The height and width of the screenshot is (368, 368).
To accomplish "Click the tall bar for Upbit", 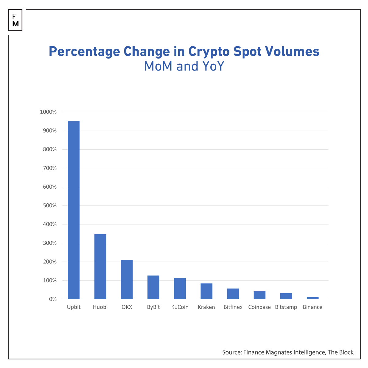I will tap(74, 210).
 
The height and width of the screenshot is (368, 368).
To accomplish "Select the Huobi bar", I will tap(100, 267).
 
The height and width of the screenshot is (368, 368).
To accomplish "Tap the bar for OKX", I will tap(127, 280).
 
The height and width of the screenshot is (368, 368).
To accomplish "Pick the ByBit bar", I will tap(153, 287).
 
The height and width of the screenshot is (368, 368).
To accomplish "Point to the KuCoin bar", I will tap(180, 289).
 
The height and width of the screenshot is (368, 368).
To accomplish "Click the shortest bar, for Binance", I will tap(312, 298).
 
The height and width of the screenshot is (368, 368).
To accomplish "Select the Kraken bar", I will tap(206, 291).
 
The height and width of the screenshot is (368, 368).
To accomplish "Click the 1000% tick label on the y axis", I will tap(48, 112).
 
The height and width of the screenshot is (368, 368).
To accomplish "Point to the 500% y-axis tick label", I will tap(50, 206).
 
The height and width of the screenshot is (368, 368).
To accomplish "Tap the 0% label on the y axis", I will tap(52, 299).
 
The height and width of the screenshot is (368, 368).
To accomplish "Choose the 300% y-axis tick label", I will tap(50, 243).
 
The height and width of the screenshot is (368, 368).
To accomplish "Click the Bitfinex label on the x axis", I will tap(233, 307).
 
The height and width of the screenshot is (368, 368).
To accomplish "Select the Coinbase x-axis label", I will tap(259, 307).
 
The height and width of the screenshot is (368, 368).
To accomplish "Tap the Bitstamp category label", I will tap(286, 307).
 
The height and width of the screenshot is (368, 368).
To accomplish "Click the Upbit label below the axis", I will tap(74, 307).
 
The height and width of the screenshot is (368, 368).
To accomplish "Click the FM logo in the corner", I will tap(15, 20).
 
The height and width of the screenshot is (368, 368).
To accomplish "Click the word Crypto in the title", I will tap(209, 52).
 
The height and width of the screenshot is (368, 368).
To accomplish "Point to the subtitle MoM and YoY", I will tap(184, 66).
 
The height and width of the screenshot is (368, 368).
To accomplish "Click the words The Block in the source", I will tap(340, 352).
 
